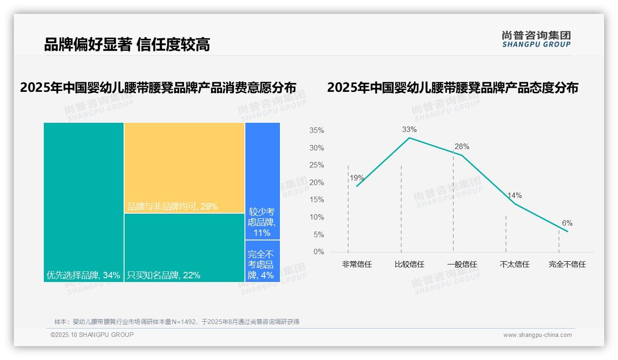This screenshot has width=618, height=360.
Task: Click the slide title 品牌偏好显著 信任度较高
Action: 127,45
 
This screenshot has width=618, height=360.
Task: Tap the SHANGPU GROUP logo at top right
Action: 536,39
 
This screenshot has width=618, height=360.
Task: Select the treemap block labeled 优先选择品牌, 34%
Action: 83,202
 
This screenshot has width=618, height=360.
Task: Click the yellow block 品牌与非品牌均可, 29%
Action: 184,168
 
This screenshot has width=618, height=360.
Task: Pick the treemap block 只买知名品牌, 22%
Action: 184,247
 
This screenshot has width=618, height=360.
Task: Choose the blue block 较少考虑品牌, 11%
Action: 262,181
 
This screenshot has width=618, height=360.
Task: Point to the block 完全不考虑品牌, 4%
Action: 262,261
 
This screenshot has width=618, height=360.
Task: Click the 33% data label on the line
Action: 409,129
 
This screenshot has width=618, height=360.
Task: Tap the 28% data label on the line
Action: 462,147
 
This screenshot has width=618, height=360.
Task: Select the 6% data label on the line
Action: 567,223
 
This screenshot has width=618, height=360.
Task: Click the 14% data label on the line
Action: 514,196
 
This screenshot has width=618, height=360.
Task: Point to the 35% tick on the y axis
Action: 316,131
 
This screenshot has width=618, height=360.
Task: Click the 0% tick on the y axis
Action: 318,252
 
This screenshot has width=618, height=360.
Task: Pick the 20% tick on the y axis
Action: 316,183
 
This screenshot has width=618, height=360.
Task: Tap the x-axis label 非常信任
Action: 357,264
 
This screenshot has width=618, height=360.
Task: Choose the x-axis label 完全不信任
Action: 567,264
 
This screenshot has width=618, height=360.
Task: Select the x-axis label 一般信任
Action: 462,264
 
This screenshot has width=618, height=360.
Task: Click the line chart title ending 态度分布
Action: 452,88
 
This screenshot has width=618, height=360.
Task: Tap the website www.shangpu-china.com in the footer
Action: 537,335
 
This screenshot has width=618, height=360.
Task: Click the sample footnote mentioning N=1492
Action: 177,322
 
